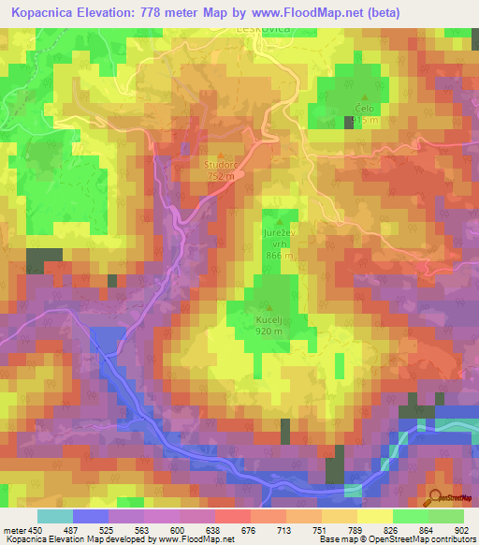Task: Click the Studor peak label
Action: (222, 166)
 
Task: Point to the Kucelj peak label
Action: (270, 319)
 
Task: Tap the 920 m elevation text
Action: (270, 331)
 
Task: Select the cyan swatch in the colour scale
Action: (55, 515)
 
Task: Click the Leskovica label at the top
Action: (265, 29)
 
